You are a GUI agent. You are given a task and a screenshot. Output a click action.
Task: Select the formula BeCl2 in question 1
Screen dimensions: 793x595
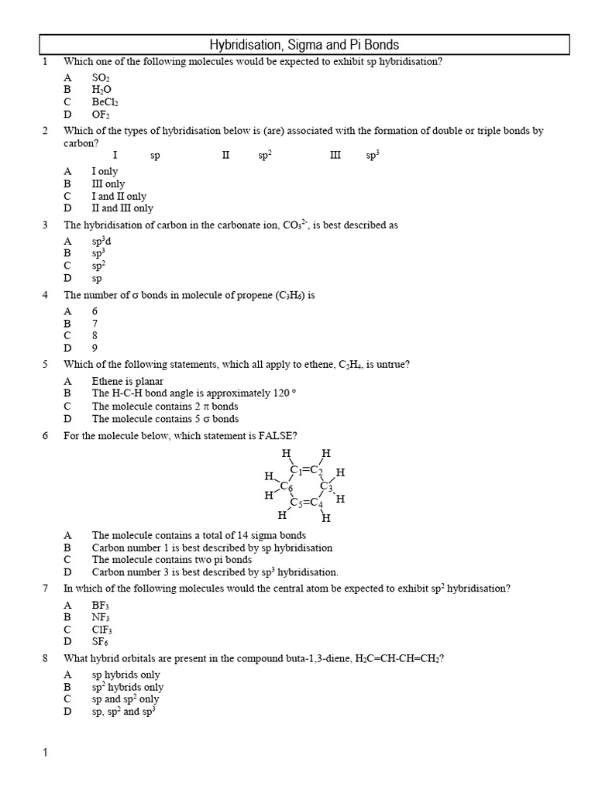[x=105, y=101]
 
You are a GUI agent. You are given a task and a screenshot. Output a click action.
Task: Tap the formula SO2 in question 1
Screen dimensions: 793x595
[x=101, y=78]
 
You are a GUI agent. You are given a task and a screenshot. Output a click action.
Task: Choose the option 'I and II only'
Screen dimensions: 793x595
[x=119, y=197]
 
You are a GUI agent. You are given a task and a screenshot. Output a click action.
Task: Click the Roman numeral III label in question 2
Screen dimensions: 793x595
[x=335, y=156]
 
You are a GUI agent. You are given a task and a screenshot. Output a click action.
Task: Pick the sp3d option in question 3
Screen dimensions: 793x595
[x=102, y=242]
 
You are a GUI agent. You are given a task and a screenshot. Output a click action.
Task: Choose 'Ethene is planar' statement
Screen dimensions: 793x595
[x=128, y=382]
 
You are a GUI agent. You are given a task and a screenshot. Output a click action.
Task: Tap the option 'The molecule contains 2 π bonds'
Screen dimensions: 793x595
[x=164, y=407]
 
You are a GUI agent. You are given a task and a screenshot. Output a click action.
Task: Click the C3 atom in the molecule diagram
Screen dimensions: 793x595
[x=326, y=487]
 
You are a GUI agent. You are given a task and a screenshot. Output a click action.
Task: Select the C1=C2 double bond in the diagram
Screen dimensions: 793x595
[x=307, y=470]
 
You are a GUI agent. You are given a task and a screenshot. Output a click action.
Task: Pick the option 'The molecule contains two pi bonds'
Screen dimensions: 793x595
[x=171, y=560]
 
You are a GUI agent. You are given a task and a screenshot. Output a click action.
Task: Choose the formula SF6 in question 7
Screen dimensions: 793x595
[x=101, y=642]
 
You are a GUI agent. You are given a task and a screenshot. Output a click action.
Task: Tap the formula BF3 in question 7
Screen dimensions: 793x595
[x=101, y=606]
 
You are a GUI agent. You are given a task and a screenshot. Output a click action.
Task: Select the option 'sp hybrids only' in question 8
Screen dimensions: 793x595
[x=126, y=675]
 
